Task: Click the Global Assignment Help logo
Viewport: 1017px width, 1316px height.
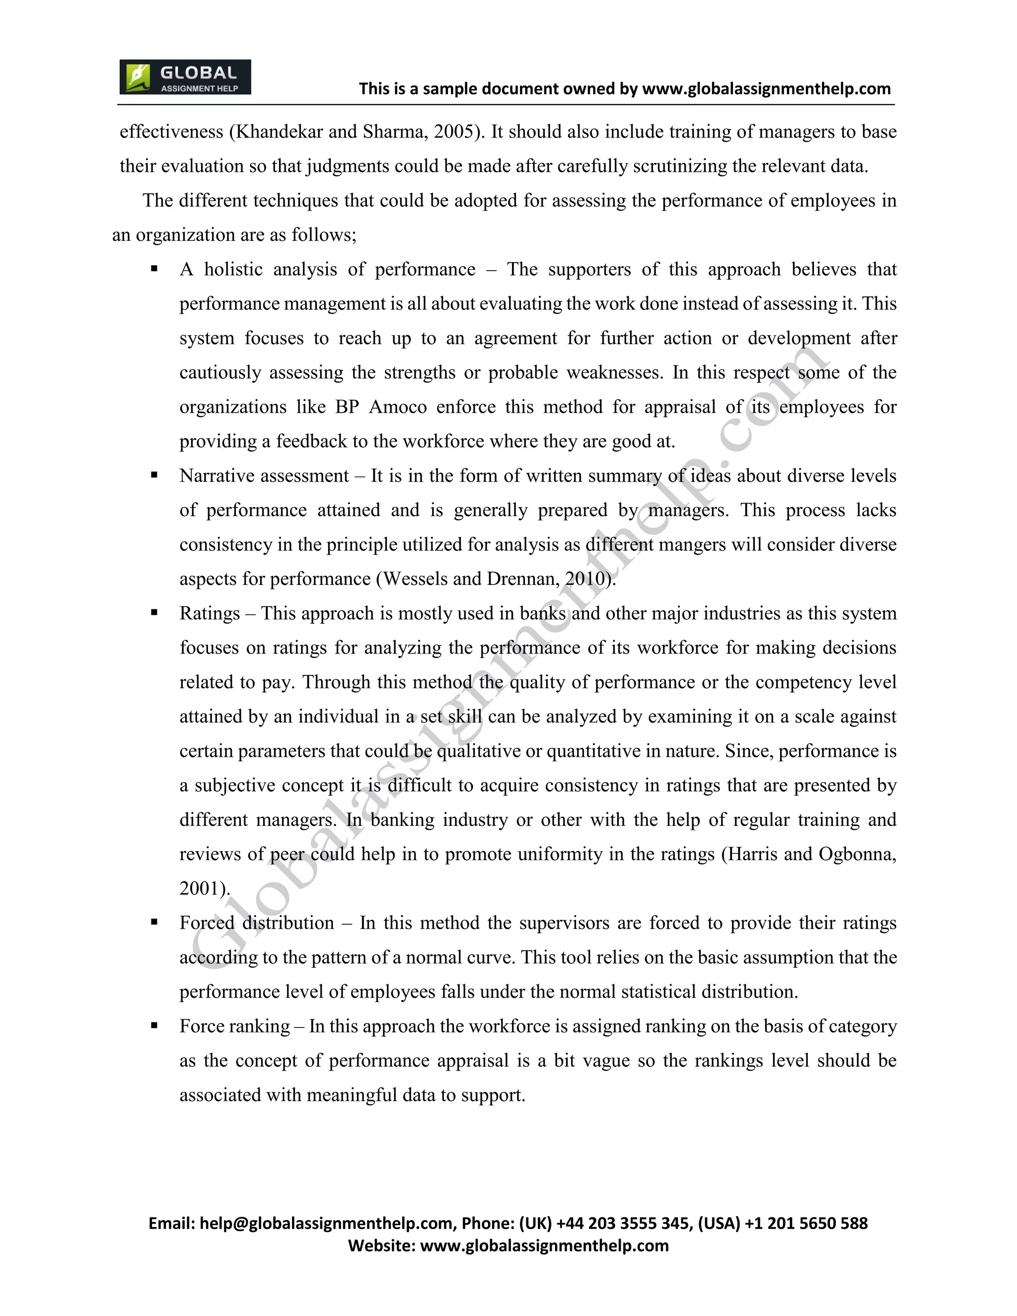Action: [185, 77]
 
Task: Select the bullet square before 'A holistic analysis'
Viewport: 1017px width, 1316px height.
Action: [154, 269]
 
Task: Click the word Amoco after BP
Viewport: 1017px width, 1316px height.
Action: [398, 407]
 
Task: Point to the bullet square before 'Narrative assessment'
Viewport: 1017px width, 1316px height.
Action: [154, 475]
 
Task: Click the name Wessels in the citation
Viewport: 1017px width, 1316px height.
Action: [415, 579]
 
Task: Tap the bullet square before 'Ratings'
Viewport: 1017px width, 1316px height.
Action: [154, 613]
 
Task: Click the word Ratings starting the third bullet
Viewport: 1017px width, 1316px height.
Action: [209, 613]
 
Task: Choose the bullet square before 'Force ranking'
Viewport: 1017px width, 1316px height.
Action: [154, 1025]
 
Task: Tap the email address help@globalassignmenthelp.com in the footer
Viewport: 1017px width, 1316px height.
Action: [326, 1223]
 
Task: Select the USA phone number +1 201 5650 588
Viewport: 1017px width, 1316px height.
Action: [806, 1223]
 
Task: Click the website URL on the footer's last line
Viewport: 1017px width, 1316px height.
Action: [544, 1245]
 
